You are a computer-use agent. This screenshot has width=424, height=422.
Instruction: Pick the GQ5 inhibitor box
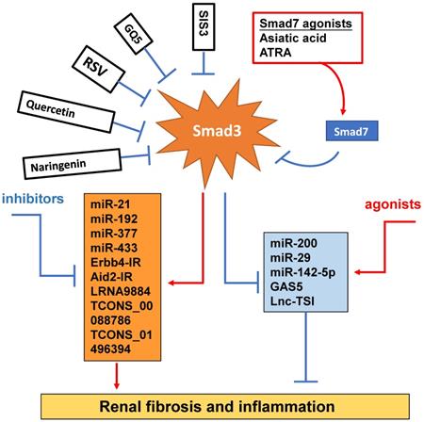(x=137, y=41)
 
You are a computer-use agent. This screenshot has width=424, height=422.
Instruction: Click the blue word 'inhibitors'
(x=33, y=200)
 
